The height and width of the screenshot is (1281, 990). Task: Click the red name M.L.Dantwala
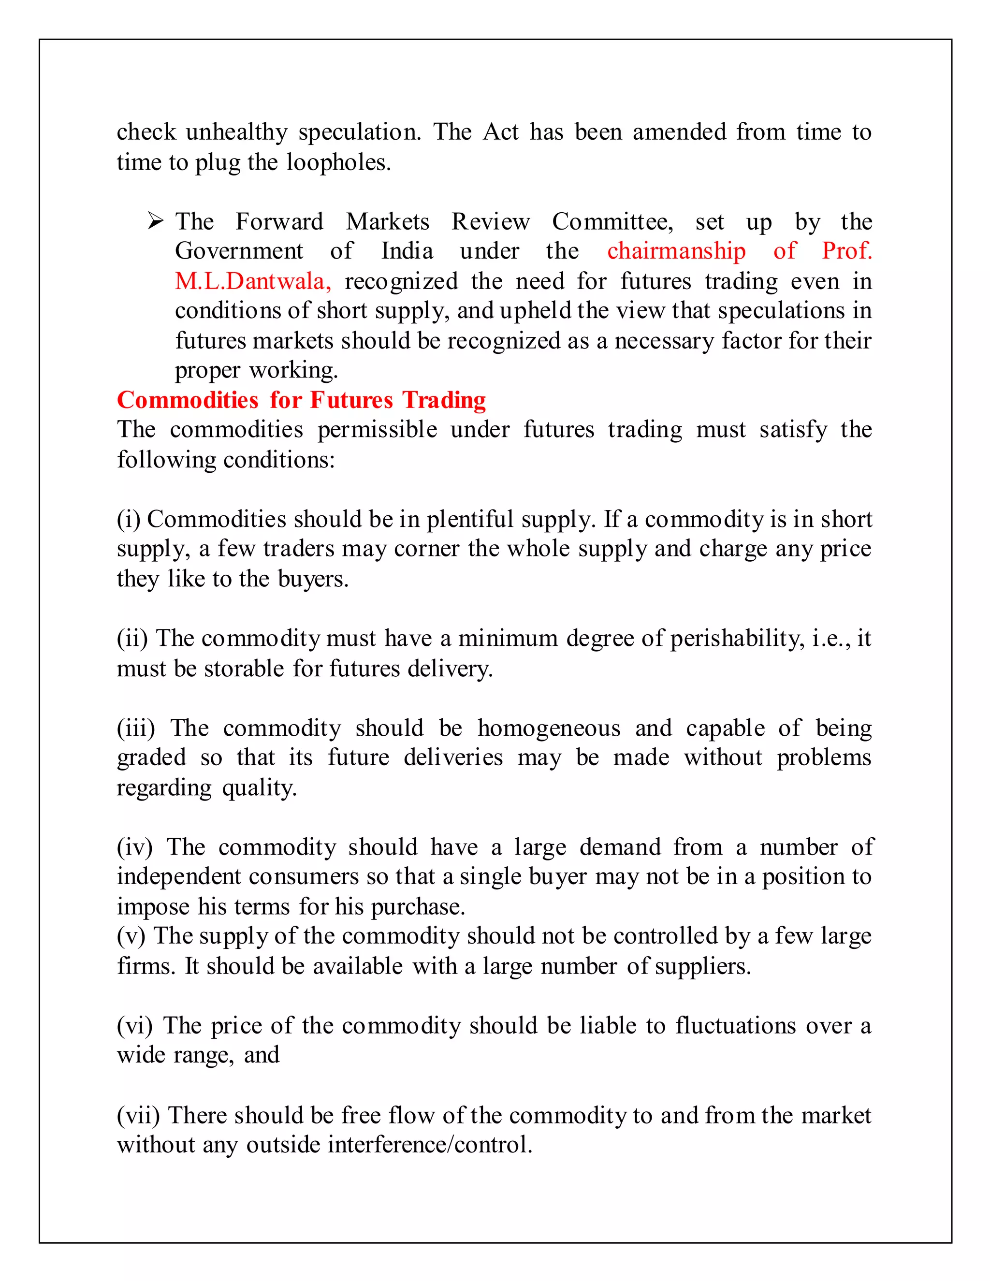coord(253,281)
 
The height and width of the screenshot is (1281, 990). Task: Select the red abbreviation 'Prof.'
coord(846,251)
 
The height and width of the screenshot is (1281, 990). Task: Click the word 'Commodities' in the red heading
coord(188,401)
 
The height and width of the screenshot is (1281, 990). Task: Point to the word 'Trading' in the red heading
coord(444,401)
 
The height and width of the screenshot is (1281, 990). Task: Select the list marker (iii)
coord(136,728)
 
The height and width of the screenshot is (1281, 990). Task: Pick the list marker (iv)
coord(135,847)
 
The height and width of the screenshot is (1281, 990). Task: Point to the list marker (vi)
coord(135,1026)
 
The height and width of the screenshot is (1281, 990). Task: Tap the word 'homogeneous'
coord(548,728)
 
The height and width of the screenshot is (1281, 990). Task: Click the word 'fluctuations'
coord(735,1026)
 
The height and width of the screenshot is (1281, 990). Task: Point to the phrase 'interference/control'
coord(430,1145)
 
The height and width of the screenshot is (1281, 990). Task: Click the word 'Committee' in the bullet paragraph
coord(612,222)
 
